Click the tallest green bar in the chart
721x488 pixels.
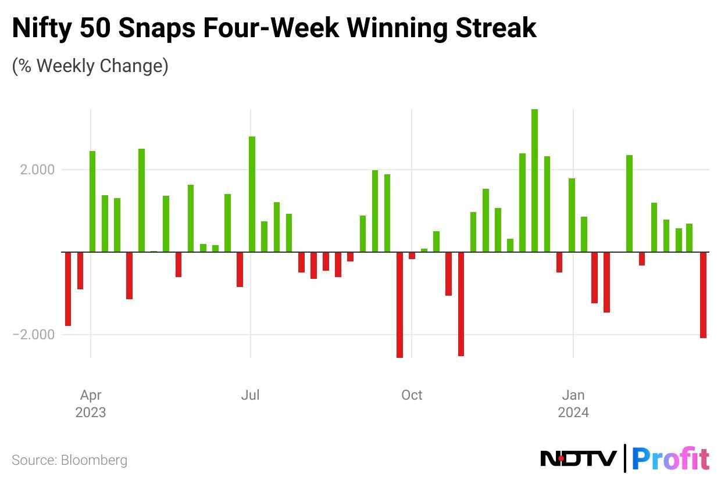[x=534, y=180]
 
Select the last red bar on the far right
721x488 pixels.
[x=703, y=295]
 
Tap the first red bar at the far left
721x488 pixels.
[x=68, y=289]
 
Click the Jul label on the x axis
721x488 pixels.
[x=250, y=396]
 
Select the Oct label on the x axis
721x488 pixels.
[x=412, y=396]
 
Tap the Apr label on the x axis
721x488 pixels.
[x=91, y=396]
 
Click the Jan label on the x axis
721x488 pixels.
[x=573, y=396]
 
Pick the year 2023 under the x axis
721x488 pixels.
[x=91, y=412]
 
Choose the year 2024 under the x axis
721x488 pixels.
[x=573, y=412]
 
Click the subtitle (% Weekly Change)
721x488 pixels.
[x=90, y=66]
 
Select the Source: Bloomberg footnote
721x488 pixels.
[x=69, y=461]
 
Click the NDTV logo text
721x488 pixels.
[x=578, y=459]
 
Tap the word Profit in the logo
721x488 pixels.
[x=670, y=459]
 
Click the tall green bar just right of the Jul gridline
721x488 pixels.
[x=252, y=194]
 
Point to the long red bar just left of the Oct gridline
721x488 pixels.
[x=399, y=304]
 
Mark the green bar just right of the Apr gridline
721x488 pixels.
[x=92, y=201]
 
